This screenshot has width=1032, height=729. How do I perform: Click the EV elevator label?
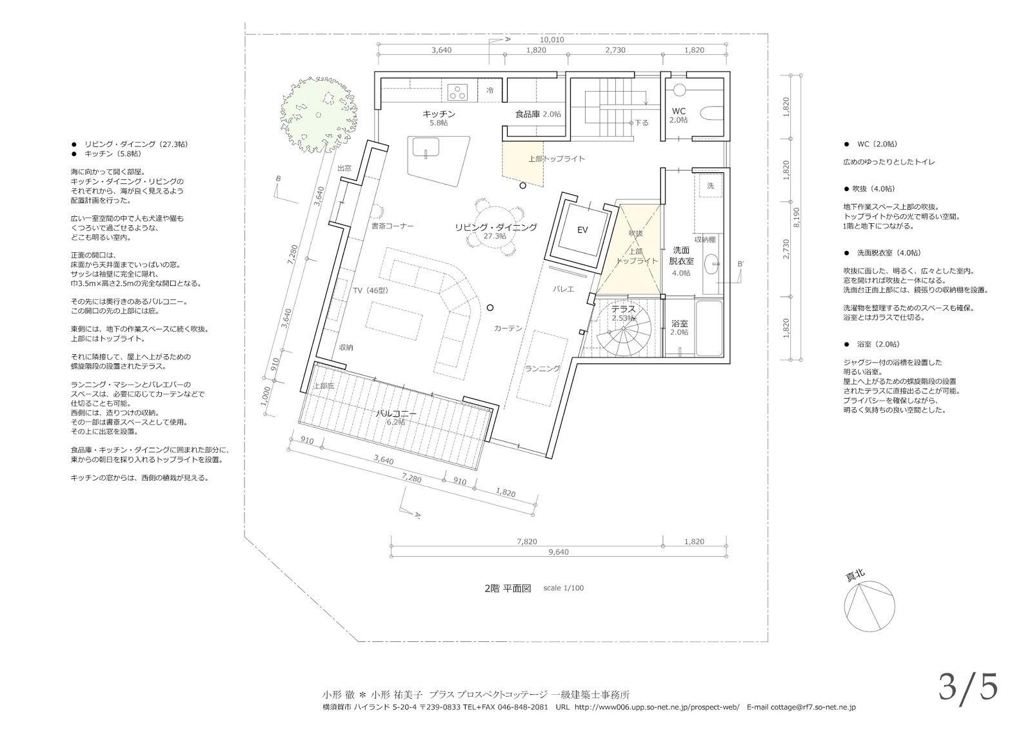click(x=582, y=230)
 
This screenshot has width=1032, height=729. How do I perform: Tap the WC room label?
click(x=679, y=111)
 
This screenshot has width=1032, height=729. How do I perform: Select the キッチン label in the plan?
click(x=439, y=114)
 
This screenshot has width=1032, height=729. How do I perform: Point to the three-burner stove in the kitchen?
click(x=457, y=91)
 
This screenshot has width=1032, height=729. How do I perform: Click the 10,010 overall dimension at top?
click(x=552, y=39)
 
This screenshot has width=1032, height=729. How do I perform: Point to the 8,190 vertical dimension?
click(x=797, y=217)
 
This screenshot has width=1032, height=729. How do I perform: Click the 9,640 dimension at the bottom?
click(x=559, y=552)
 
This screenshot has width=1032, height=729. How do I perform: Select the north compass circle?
click(x=869, y=606)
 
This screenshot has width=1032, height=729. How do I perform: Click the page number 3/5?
click(x=968, y=688)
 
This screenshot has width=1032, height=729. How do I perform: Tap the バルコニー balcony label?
click(x=396, y=414)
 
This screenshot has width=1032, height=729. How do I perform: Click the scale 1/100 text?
click(x=564, y=588)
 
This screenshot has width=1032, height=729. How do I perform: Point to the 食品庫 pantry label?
click(x=528, y=114)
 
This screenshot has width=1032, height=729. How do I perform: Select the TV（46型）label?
click(x=371, y=290)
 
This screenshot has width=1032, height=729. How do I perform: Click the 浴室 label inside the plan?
click(x=679, y=323)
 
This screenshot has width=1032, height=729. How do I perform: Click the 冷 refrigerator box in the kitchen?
click(x=490, y=90)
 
